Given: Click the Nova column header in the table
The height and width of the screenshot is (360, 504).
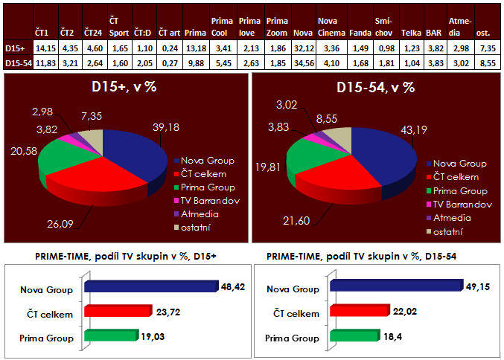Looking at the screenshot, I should pyautogui.click(x=302, y=34).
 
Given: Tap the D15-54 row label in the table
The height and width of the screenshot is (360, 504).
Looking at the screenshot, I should pyautogui.click(x=16, y=63).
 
